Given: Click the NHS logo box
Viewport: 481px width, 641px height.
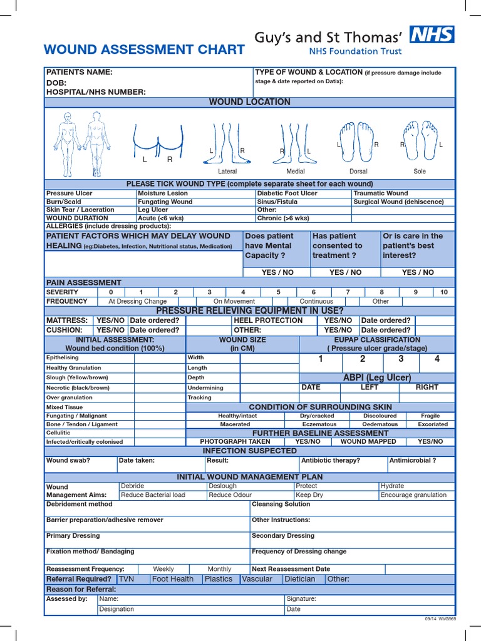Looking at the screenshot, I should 432,36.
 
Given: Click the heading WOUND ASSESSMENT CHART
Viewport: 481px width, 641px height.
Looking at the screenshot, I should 144,50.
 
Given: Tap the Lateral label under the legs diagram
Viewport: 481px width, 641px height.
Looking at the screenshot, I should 227,171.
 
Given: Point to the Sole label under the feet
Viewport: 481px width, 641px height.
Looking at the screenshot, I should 420,171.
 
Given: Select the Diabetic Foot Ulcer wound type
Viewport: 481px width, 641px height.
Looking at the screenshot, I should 287,193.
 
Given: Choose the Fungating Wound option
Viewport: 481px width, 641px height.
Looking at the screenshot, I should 165,202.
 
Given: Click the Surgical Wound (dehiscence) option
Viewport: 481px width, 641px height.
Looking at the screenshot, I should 398,202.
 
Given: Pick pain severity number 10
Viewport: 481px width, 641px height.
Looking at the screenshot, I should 444,292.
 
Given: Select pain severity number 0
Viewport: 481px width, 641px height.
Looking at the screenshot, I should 111,292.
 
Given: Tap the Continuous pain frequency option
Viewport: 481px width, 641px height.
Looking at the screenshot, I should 316,301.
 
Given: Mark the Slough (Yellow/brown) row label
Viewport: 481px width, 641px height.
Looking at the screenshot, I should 77,377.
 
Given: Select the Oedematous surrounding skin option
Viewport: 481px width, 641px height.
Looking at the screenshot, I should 380,424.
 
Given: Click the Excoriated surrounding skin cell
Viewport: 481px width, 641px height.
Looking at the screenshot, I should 433,424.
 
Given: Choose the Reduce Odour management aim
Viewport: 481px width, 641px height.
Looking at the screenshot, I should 231,495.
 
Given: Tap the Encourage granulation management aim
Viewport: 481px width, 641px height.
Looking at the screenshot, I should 413,495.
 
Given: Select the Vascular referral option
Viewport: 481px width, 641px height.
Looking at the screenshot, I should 257,579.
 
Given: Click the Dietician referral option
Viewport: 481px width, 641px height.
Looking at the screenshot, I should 299,579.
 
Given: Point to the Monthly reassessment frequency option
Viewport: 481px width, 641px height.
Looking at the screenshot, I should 219,569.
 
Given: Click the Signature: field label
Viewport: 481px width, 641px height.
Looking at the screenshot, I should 301,599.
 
